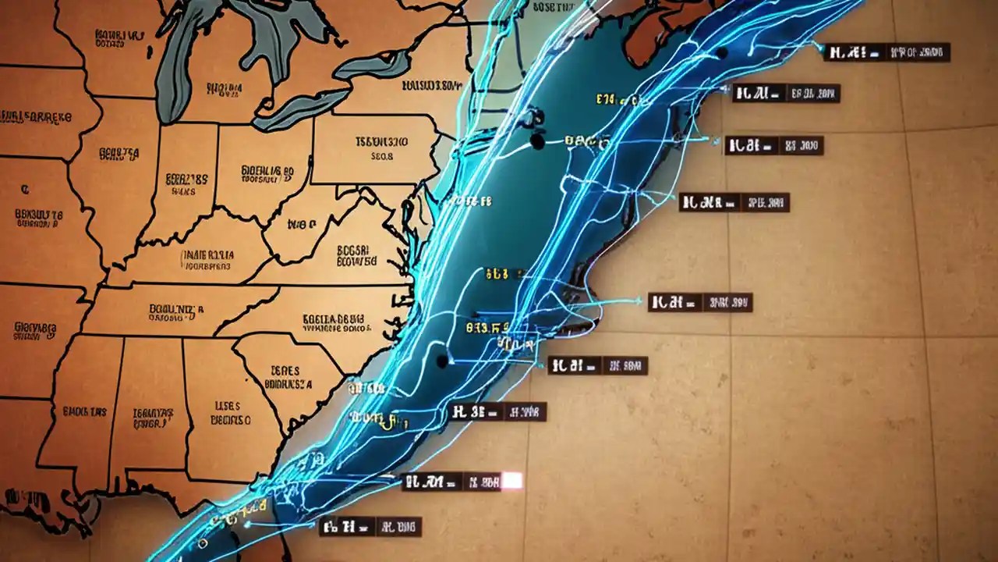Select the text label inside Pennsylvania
[381, 148]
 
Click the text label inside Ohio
[267, 175]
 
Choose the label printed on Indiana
[187, 184]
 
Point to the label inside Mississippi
[84, 411]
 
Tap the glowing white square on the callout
[512, 481]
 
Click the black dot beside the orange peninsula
[721, 53]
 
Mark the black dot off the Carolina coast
[443, 361]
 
